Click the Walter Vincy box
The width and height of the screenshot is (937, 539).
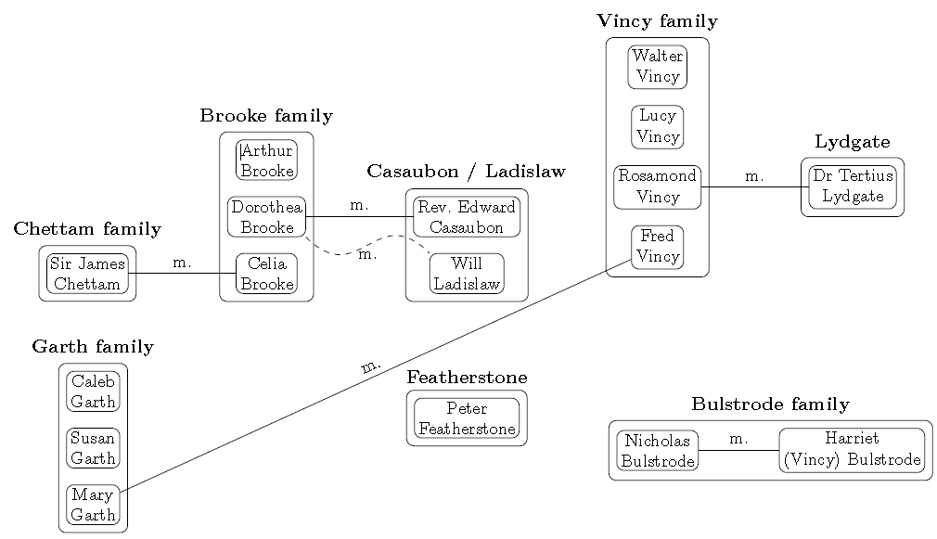coord(657,67)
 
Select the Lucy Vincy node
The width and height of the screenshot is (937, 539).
coord(657,127)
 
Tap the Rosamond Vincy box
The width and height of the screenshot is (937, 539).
coord(657,186)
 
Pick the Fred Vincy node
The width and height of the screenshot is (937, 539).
coord(657,247)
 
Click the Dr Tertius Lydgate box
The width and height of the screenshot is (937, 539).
coord(852,186)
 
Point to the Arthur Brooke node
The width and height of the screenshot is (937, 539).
coord(266,160)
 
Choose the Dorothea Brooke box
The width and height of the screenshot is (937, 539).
coord(266,217)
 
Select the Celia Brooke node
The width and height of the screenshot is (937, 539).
coord(266,274)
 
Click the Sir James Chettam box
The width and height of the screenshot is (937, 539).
coord(87,274)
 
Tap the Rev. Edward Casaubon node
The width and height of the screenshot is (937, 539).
coord(466,217)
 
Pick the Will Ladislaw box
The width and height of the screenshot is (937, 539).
coord(466,274)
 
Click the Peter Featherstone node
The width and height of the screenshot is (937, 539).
coord(466,418)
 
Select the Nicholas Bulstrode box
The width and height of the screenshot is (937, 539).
coord(657,450)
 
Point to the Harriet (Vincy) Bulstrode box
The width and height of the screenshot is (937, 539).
coord(852,450)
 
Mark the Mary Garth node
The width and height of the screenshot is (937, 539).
coord(93,506)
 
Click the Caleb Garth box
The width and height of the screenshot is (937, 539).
coord(93,391)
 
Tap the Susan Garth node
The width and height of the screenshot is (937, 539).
coord(93,448)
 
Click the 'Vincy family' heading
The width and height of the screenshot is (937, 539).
coord(657,21)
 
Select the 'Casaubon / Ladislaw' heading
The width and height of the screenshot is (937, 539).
coord(466,172)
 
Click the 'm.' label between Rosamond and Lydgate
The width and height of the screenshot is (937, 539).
coord(753,176)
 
